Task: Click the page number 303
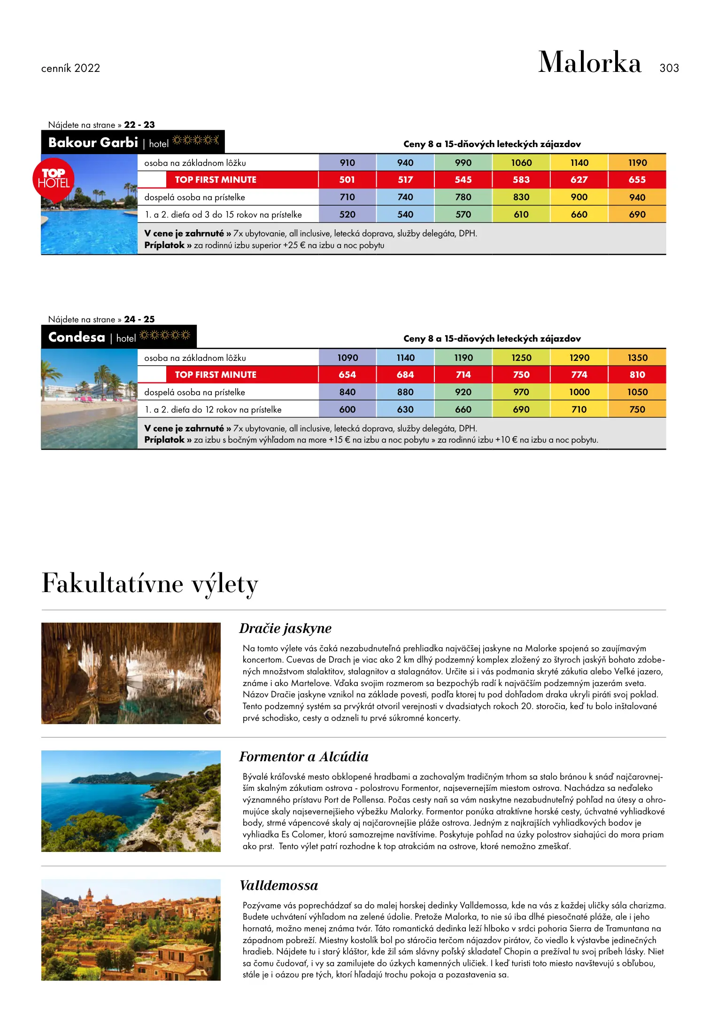[669, 68]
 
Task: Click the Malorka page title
[589, 62]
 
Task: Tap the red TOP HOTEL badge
[54, 179]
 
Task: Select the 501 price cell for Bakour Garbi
[347, 180]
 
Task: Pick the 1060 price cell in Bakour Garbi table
[521, 163]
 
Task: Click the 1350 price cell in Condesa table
[637, 358]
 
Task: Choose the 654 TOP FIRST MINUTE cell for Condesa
[347, 375]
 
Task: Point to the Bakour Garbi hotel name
[93, 142]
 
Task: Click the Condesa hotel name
[77, 337]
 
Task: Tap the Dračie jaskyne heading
[285, 628]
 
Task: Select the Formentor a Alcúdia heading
[303, 757]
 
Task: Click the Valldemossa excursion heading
[278, 885]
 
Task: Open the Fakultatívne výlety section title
[150, 584]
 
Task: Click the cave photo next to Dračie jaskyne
[131, 673]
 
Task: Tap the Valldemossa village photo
[131, 929]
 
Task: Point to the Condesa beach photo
[89, 398]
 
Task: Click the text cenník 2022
[70, 69]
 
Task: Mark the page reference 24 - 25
[139, 320]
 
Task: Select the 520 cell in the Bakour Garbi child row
[347, 215]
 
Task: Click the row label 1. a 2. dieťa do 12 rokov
[213, 410]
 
